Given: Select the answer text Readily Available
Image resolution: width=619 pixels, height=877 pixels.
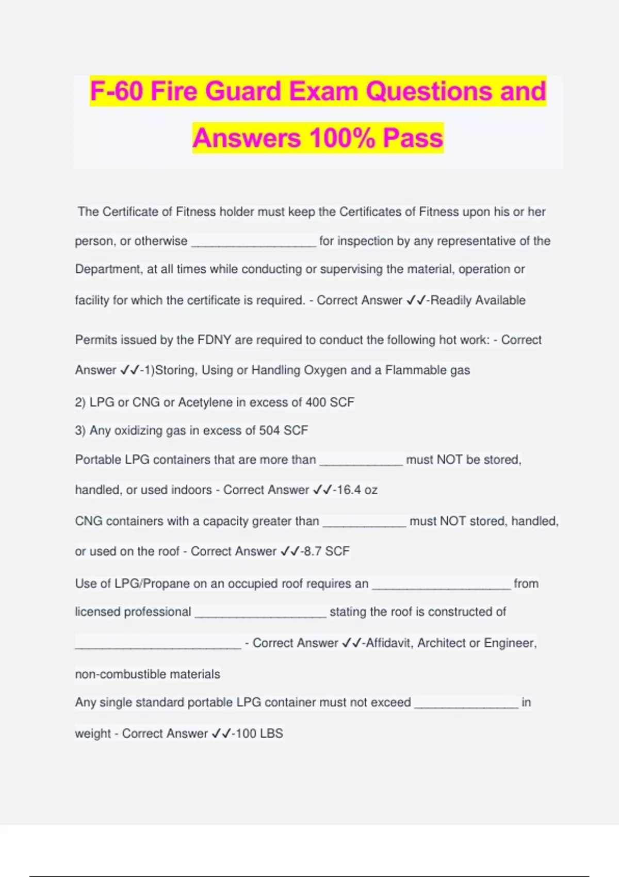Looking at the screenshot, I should coord(478,300).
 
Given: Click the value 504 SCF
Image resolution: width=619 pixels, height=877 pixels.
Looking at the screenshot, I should coord(283,430).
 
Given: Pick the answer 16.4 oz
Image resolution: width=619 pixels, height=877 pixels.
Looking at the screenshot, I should coord(357,490).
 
